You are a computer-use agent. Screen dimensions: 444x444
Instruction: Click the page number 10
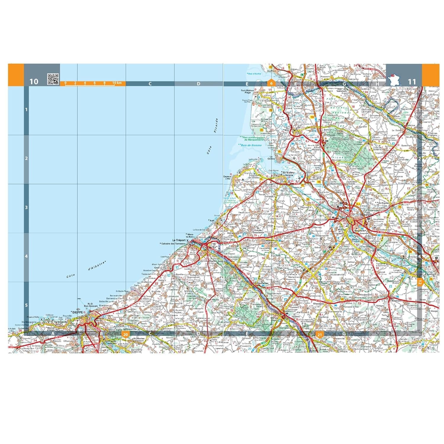tap(34, 81)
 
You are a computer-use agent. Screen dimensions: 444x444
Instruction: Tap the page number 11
tap(412, 82)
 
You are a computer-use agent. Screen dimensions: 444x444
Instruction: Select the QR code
tap(53, 79)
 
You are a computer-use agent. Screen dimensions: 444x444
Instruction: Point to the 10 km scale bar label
tap(117, 83)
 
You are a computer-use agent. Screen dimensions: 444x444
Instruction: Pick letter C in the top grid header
tap(150, 84)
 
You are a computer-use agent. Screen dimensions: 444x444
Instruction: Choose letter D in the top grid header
tap(198, 84)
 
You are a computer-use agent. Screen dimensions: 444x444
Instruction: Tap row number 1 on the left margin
tap(26, 110)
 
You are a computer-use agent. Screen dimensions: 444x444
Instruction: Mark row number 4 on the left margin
tap(26, 256)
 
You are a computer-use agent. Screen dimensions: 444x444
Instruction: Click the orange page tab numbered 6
tap(271, 83)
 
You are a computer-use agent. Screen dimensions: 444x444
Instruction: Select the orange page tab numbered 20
tap(126, 334)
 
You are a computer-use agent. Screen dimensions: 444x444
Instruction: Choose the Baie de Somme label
tap(249, 145)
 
